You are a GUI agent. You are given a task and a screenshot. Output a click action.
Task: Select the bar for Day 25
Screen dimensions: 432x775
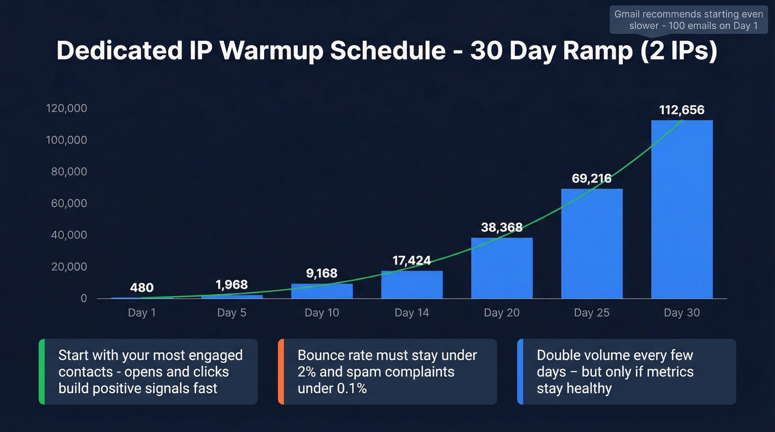pyautogui.click(x=592, y=243)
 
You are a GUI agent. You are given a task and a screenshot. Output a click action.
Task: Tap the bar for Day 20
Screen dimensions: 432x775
pyautogui.click(x=502, y=268)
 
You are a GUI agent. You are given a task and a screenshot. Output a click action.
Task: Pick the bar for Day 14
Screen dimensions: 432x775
pyautogui.click(x=412, y=284)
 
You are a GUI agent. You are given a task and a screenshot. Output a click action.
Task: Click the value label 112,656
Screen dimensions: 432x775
pyautogui.click(x=681, y=110)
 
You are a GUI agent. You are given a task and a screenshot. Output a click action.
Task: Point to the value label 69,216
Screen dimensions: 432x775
pyautogui.click(x=592, y=179)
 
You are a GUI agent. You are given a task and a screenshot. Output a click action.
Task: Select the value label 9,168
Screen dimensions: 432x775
pyautogui.click(x=322, y=273)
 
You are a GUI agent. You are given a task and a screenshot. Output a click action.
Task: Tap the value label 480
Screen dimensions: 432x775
pyautogui.click(x=142, y=288)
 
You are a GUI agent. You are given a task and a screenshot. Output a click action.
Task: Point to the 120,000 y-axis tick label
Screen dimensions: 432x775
pyautogui.click(x=66, y=108)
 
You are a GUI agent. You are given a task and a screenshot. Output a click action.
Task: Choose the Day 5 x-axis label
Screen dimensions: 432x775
pyautogui.click(x=231, y=313)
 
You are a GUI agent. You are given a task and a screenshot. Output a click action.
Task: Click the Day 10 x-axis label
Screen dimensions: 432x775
pyautogui.click(x=322, y=313)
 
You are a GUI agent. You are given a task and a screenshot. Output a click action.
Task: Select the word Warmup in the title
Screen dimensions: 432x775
pyautogui.click(x=271, y=51)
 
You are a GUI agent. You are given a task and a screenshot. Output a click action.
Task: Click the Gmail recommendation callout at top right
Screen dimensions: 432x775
pyautogui.click(x=689, y=20)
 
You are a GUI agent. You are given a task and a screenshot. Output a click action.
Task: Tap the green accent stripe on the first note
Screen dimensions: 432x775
pyautogui.click(x=42, y=372)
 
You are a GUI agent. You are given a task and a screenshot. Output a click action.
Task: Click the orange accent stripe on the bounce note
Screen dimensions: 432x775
pyautogui.click(x=281, y=372)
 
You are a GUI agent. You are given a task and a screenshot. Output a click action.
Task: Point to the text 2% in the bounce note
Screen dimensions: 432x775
pyautogui.click(x=307, y=372)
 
